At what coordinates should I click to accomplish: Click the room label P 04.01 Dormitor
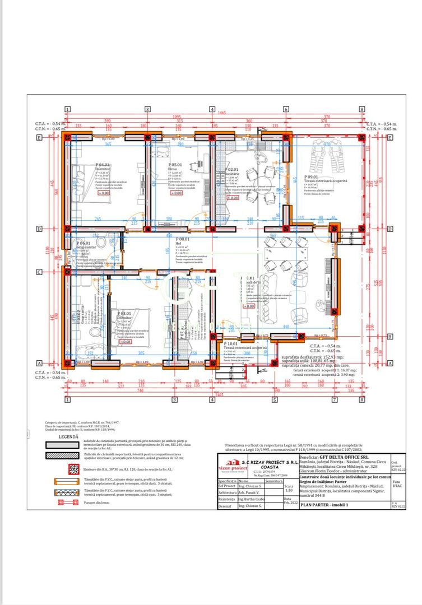click(x=102, y=166)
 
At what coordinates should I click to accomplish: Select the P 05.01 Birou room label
click(x=174, y=166)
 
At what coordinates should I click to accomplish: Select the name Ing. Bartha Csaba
click(x=251, y=499)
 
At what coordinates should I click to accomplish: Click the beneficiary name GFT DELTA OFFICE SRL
click(x=352, y=457)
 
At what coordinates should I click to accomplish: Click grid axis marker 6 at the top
click(x=286, y=110)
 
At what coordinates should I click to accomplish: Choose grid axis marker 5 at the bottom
click(x=275, y=400)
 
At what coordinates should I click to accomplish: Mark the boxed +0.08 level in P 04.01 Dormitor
click(x=104, y=193)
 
